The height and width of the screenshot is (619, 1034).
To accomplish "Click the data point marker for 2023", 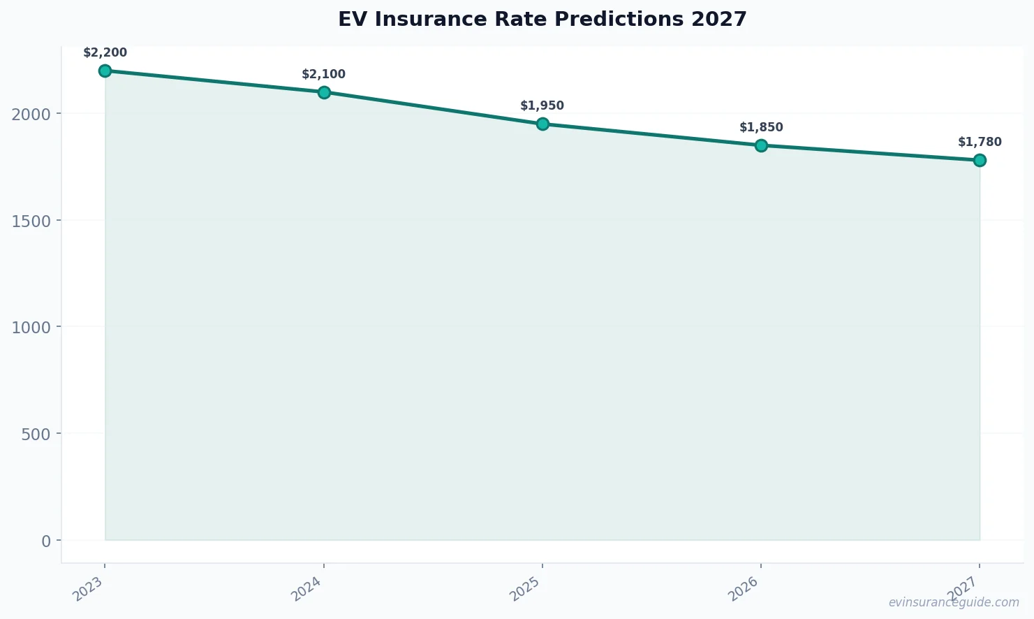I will [x=105, y=71].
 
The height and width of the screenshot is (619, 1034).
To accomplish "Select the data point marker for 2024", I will [x=324, y=92].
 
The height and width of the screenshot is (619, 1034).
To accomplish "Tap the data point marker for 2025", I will [x=542, y=124].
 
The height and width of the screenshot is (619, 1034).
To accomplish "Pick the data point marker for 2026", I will [x=761, y=145].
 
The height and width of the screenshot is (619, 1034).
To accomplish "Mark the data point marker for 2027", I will [x=980, y=160].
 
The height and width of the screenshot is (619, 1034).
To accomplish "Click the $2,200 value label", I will [x=105, y=53].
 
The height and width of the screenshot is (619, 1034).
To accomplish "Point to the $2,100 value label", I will [x=324, y=75].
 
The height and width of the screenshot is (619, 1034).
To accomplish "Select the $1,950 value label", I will [x=542, y=106].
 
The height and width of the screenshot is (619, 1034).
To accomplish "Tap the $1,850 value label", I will [x=761, y=128].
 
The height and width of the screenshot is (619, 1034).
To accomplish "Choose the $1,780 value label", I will [x=980, y=143].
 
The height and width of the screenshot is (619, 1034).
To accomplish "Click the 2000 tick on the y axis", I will [x=31, y=114].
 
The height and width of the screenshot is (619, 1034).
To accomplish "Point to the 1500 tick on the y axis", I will [x=31, y=221].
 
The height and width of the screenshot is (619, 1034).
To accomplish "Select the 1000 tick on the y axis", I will [x=31, y=327].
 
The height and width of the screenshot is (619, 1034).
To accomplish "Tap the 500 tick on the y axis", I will [x=36, y=434].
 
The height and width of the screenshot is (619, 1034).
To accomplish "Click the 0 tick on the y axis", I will [x=46, y=541].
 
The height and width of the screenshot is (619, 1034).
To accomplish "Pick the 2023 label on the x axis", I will [x=89, y=589].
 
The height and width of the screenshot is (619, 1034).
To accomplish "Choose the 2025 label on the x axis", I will [x=526, y=589].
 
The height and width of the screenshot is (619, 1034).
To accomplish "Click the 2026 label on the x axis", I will [x=744, y=589].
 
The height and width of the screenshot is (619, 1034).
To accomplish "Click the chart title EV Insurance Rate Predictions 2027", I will [x=542, y=20].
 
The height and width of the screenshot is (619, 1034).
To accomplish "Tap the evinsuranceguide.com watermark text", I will [x=954, y=602].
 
